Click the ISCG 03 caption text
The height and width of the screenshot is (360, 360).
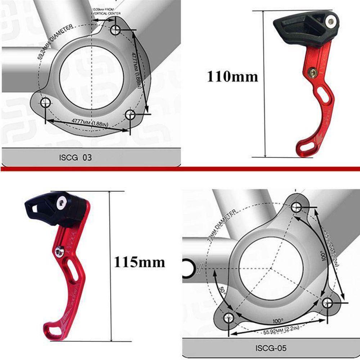pyautogui.click(x=75, y=157)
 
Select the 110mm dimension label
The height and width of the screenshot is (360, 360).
pyautogui.click(x=232, y=76)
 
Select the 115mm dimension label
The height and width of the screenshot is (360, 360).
pyautogui.click(x=139, y=262)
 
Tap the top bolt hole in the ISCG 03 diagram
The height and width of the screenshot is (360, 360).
pyautogui.click(x=115, y=30)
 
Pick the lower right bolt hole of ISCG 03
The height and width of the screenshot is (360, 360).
pyautogui.click(x=130, y=115)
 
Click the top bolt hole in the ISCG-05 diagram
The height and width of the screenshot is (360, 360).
pyautogui.click(x=296, y=207)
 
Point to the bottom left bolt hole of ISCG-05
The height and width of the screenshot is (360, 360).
pyautogui.click(x=228, y=318)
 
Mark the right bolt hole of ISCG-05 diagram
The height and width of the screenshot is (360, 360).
pyautogui.click(x=328, y=302)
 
